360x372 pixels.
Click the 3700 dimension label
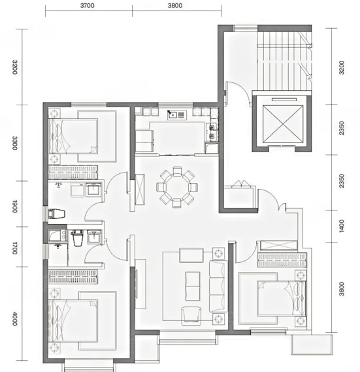point(88,5)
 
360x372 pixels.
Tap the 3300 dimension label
point(15,143)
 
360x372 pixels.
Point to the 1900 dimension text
point(15,206)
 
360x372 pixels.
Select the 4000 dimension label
point(15,318)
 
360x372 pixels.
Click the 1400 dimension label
point(342,226)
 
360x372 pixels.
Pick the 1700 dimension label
point(15,248)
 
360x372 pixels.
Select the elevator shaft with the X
point(283,124)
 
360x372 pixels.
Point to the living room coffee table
point(193,286)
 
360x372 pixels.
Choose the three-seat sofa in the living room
point(217,286)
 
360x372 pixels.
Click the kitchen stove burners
point(212,132)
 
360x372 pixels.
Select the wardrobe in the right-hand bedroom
point(282,260)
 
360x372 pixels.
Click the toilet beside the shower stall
point(77,238)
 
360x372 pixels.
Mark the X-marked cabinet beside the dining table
point(139,190)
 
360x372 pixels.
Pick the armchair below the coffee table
point(191,316)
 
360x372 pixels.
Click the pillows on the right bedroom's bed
point(298,299)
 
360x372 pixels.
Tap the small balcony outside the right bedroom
point(312,345)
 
